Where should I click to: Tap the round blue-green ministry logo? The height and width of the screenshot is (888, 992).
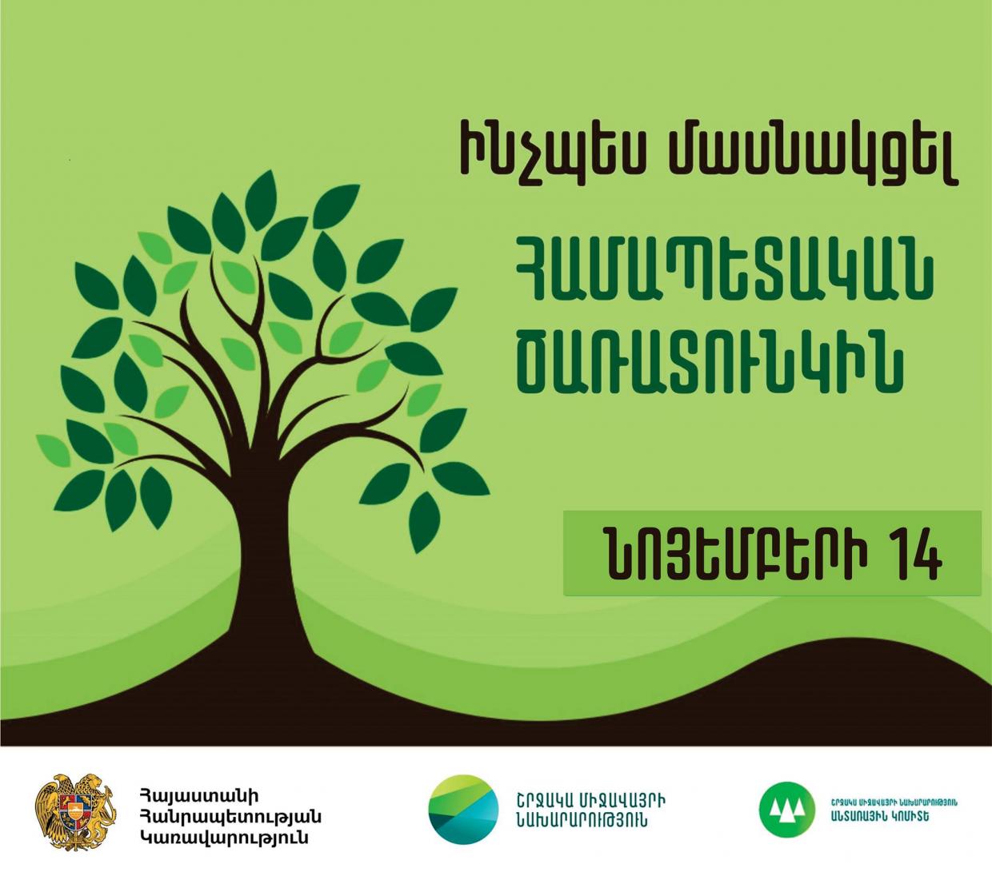(x=462, y=809)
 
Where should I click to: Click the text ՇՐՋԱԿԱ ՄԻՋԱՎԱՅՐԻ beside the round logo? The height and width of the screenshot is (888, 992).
(x=593, y=800)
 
